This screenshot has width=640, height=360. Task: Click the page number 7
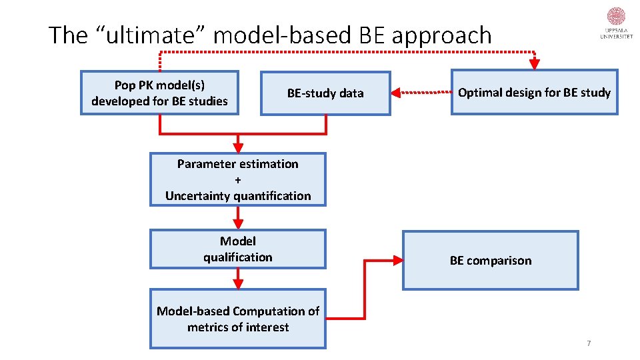[589, 343]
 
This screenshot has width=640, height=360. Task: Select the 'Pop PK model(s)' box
[159, 93]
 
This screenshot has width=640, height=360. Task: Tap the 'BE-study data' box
[325, 93]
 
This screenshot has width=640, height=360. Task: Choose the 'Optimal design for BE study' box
[534, 93]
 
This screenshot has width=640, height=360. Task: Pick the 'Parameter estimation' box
[238, 180]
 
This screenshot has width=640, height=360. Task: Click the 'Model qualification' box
[238, 249]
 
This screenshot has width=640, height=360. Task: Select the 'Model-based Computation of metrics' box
[238, 319]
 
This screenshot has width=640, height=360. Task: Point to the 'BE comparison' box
[491, 261]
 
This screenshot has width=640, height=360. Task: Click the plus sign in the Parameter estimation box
[238, 180]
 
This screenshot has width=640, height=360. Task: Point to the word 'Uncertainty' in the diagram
[200, 196]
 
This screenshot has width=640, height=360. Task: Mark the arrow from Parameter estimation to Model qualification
[238, 217]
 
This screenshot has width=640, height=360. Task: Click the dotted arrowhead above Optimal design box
[534, 64]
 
